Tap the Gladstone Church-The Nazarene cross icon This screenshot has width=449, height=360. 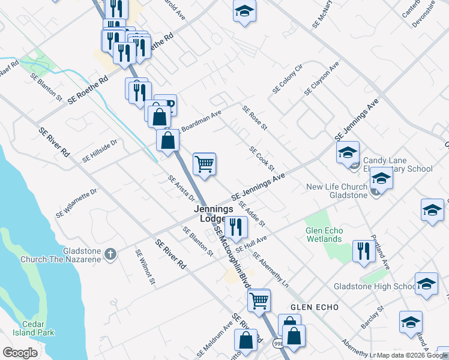pos(110,254)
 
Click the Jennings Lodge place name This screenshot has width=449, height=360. pos(213,214)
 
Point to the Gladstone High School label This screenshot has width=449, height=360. pos(375,286)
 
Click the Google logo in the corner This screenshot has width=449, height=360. pos(20,353)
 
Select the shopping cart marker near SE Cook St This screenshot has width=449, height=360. pos(205,163)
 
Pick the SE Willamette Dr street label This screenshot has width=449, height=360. pos(76,203)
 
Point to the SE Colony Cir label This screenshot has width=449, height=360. pos(287,79)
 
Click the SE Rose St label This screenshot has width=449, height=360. pos(255,118)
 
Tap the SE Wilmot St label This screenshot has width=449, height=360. pos(146,267)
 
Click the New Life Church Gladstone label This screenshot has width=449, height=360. pos(337,191)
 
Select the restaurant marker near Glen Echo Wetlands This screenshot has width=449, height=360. pos(363,251)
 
